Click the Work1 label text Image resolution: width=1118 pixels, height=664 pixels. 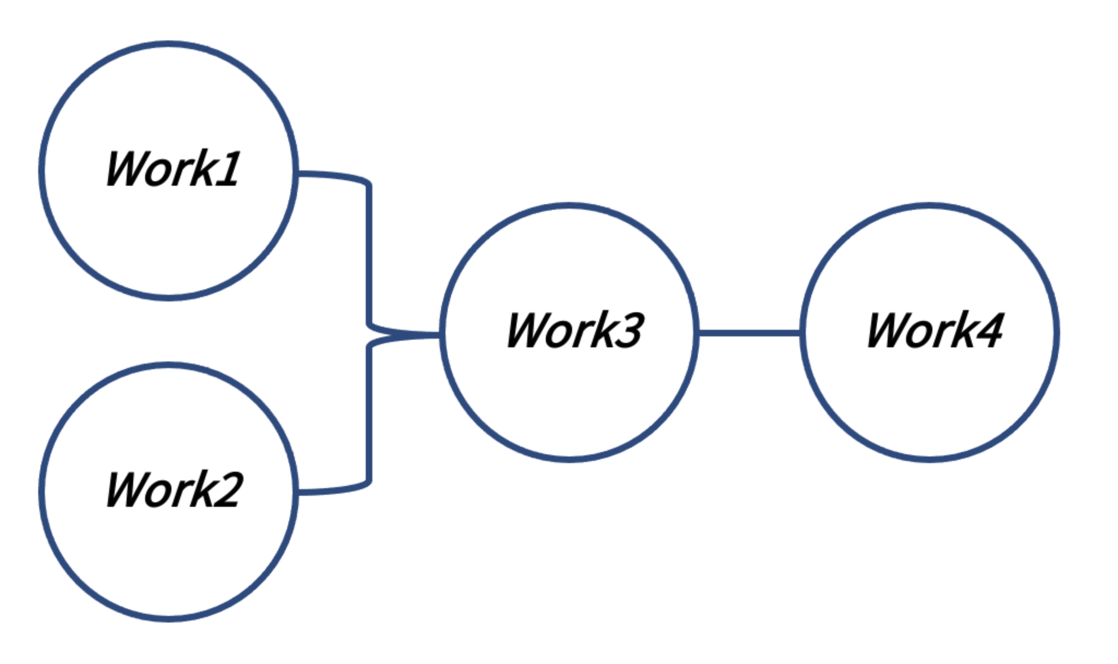173,169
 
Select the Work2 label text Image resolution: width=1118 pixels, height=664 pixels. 174,490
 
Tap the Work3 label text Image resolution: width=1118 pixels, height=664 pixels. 575,330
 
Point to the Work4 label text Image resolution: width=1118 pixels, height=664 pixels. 935,330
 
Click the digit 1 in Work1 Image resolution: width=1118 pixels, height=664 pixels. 229,169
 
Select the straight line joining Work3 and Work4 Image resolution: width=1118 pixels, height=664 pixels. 749,333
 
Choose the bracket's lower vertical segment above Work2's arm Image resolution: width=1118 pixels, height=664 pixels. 369,415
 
